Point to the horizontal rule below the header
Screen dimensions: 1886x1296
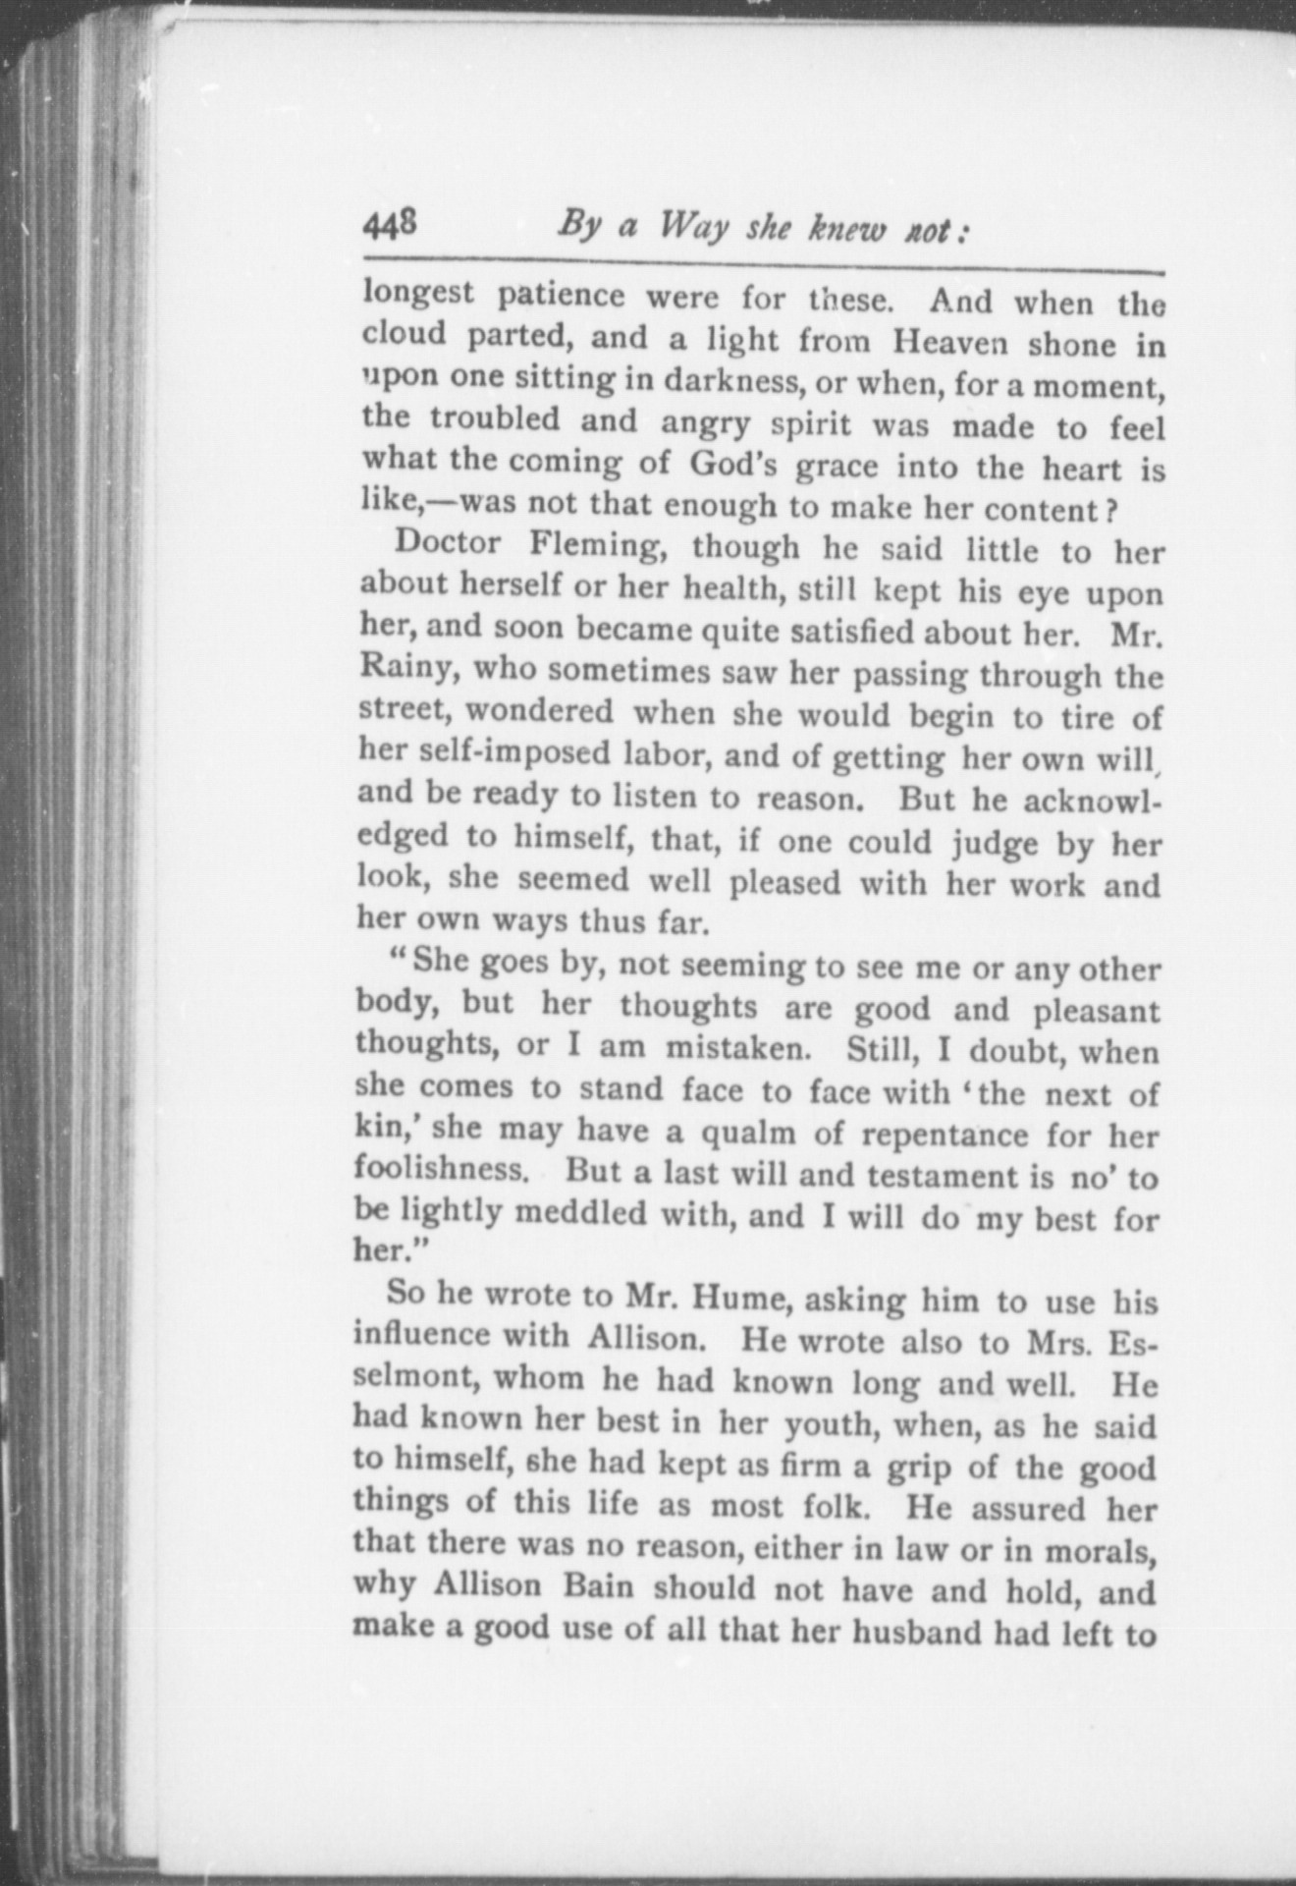(763, 264)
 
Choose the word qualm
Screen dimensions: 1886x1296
(742, 1133)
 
